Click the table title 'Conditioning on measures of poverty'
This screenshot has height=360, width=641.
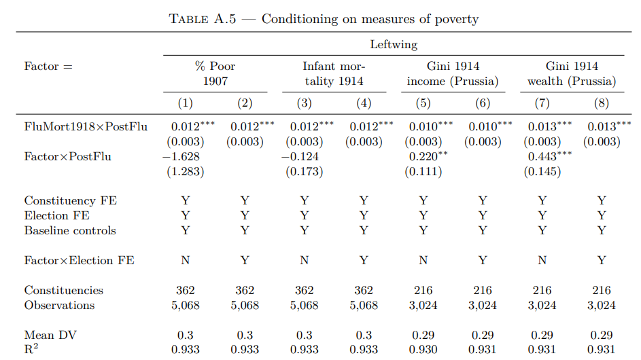point(370,19)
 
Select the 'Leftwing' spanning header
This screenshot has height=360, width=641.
point(394,45)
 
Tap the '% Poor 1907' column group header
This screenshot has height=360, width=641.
point(215,74)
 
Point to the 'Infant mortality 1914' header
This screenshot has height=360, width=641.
point(334,74)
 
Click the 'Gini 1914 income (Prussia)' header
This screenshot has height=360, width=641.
point(453,74)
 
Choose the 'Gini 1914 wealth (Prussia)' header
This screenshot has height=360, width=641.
point(572,74)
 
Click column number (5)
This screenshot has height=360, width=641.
point(423,103)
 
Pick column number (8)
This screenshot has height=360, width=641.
point(601,103)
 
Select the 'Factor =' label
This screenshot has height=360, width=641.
point(48,67)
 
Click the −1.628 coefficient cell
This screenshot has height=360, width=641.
point(182,157)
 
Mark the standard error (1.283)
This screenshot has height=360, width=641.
point(186,171)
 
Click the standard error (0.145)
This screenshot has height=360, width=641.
point(542,171)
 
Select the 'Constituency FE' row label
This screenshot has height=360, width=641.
point(70,201)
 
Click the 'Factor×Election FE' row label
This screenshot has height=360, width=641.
point(79,261)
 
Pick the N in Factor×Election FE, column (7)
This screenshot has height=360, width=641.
point(542,261)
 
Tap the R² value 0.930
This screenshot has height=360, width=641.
point(423,350)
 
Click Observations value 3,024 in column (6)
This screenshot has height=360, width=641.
point(483,306)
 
